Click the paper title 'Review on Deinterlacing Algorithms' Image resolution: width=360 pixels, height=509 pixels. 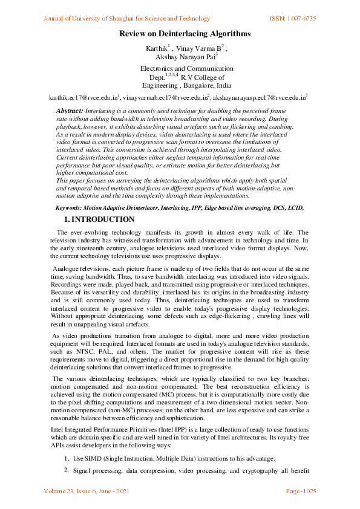tap(184, 34)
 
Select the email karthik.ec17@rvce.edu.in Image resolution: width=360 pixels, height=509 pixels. tap(83, 97)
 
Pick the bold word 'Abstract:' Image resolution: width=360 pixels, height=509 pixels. tap(70, 111)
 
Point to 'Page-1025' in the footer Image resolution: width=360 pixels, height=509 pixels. tap(301, 491)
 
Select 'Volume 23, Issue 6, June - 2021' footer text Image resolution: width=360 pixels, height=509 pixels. tap(87, 491)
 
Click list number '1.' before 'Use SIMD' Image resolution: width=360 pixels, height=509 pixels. tap(67, 458)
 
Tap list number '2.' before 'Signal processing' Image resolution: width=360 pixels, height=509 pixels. tap(67, 470)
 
